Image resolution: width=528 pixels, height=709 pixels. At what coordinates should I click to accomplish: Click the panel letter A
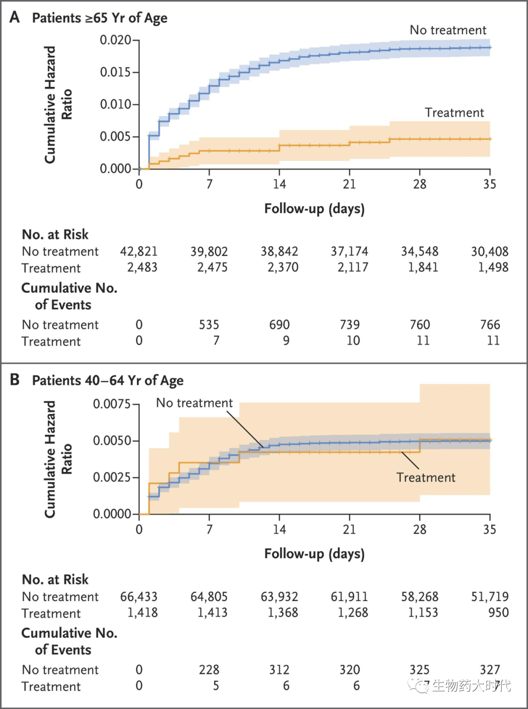click(x=15, y=17)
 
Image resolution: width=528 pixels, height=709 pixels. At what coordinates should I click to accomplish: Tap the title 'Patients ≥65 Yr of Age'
click(x=100, y=18)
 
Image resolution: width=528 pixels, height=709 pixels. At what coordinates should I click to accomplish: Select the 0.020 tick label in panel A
click(x=115, y=40)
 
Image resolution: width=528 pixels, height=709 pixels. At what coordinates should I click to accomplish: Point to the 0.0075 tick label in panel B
click(x=112, y=404)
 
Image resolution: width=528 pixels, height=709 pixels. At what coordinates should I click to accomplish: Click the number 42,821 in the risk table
click(x=139, y=252)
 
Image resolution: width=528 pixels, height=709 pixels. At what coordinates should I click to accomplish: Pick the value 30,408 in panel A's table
click(x=489, y=252)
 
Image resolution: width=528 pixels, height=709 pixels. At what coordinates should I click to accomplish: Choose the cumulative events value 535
click(x=209, y=325)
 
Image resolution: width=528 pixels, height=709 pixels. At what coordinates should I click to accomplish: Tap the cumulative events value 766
click(x=490, y=325)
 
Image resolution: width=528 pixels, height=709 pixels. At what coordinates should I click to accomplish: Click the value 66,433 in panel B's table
click(x=139, y=597)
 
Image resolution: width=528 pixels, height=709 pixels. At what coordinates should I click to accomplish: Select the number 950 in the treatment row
click(x=498, y=613)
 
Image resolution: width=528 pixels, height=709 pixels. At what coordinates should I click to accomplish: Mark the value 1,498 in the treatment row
click(x=493, y=268)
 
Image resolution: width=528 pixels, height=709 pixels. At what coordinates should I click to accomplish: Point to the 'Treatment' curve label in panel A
click(x=454, y=113)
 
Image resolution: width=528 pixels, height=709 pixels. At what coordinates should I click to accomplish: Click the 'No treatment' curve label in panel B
click(x=194, y=403)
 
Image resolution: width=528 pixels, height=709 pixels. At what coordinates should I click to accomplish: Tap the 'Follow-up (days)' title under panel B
click(x=314, y=554)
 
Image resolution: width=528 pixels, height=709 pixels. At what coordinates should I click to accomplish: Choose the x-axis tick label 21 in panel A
click(x=350, y=184)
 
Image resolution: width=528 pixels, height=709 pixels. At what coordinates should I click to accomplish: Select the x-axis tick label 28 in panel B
click(x=419, y=530)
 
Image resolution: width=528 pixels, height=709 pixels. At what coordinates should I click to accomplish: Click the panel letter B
click(x=15, y=380)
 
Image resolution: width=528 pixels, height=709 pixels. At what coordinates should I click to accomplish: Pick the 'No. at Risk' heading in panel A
click(x=55, y=235)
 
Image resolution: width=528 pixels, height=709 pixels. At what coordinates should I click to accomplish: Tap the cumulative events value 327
click(x=490, y=670)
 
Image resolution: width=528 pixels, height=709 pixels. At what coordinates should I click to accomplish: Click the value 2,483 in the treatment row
click(x=142, y=268)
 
